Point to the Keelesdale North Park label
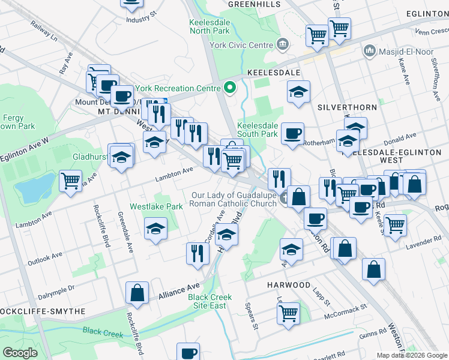click(209, 26)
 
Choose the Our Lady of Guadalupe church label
click(234, 199)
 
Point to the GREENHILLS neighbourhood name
click(254, 4)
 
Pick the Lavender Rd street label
click(427, 241)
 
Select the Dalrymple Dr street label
click(56, 288)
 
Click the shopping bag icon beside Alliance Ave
click(137, 293)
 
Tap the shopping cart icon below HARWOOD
click(289, 312)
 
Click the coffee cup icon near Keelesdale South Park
click(292, 133)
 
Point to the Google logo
click(20, 353)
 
